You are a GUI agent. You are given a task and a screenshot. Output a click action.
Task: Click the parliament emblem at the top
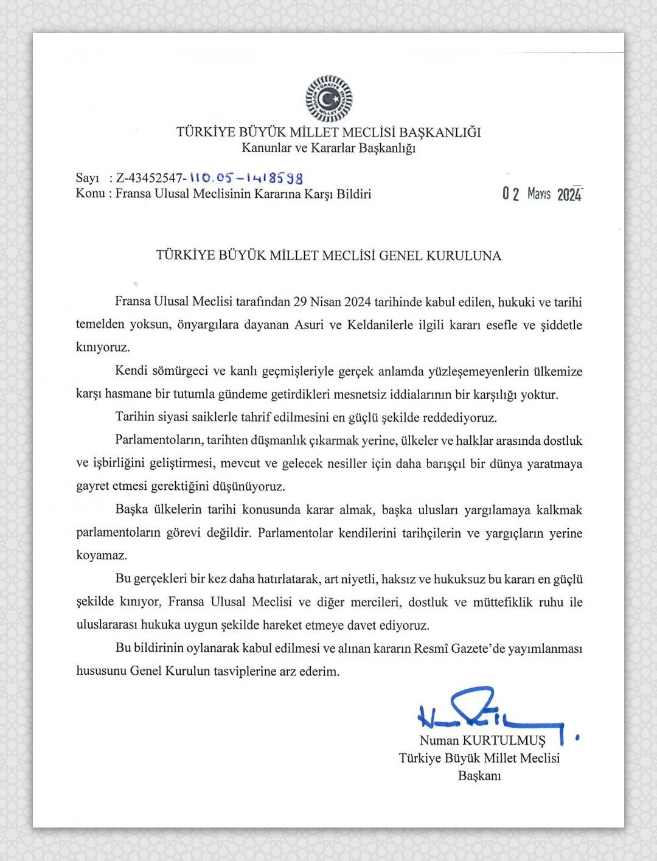click(328, 99)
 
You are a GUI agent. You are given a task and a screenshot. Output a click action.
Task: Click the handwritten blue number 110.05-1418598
click(246, 178)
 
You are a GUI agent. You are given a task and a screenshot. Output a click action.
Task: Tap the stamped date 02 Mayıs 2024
click(542, 194)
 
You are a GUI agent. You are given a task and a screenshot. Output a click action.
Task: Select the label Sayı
click(87, 178)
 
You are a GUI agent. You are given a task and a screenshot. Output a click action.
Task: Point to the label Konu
click(88, 194)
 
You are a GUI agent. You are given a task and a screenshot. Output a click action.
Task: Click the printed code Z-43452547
click(151, 178)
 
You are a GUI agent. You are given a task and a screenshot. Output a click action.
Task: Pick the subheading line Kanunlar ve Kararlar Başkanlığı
click(328, 148)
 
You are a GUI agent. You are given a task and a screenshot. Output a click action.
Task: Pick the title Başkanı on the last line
click(479, 776)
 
